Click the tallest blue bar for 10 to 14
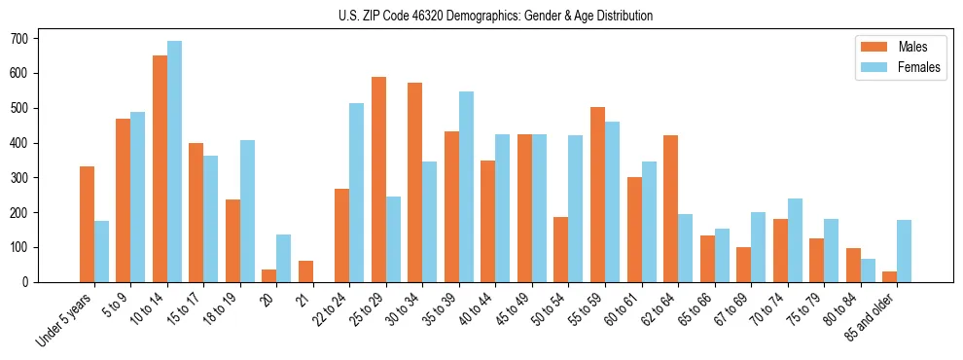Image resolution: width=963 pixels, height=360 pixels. (x=174, y=162)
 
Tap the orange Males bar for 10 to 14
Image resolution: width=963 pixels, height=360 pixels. (x=160, y=169)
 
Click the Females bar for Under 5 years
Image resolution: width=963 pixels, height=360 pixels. (x=101, y=251)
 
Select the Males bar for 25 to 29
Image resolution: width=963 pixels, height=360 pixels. (x=378, y=180)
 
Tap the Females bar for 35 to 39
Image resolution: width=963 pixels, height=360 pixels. (x=466, y=187)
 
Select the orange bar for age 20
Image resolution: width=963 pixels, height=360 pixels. (x=269, y=275)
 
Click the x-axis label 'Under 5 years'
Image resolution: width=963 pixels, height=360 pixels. (x=64, y=318)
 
